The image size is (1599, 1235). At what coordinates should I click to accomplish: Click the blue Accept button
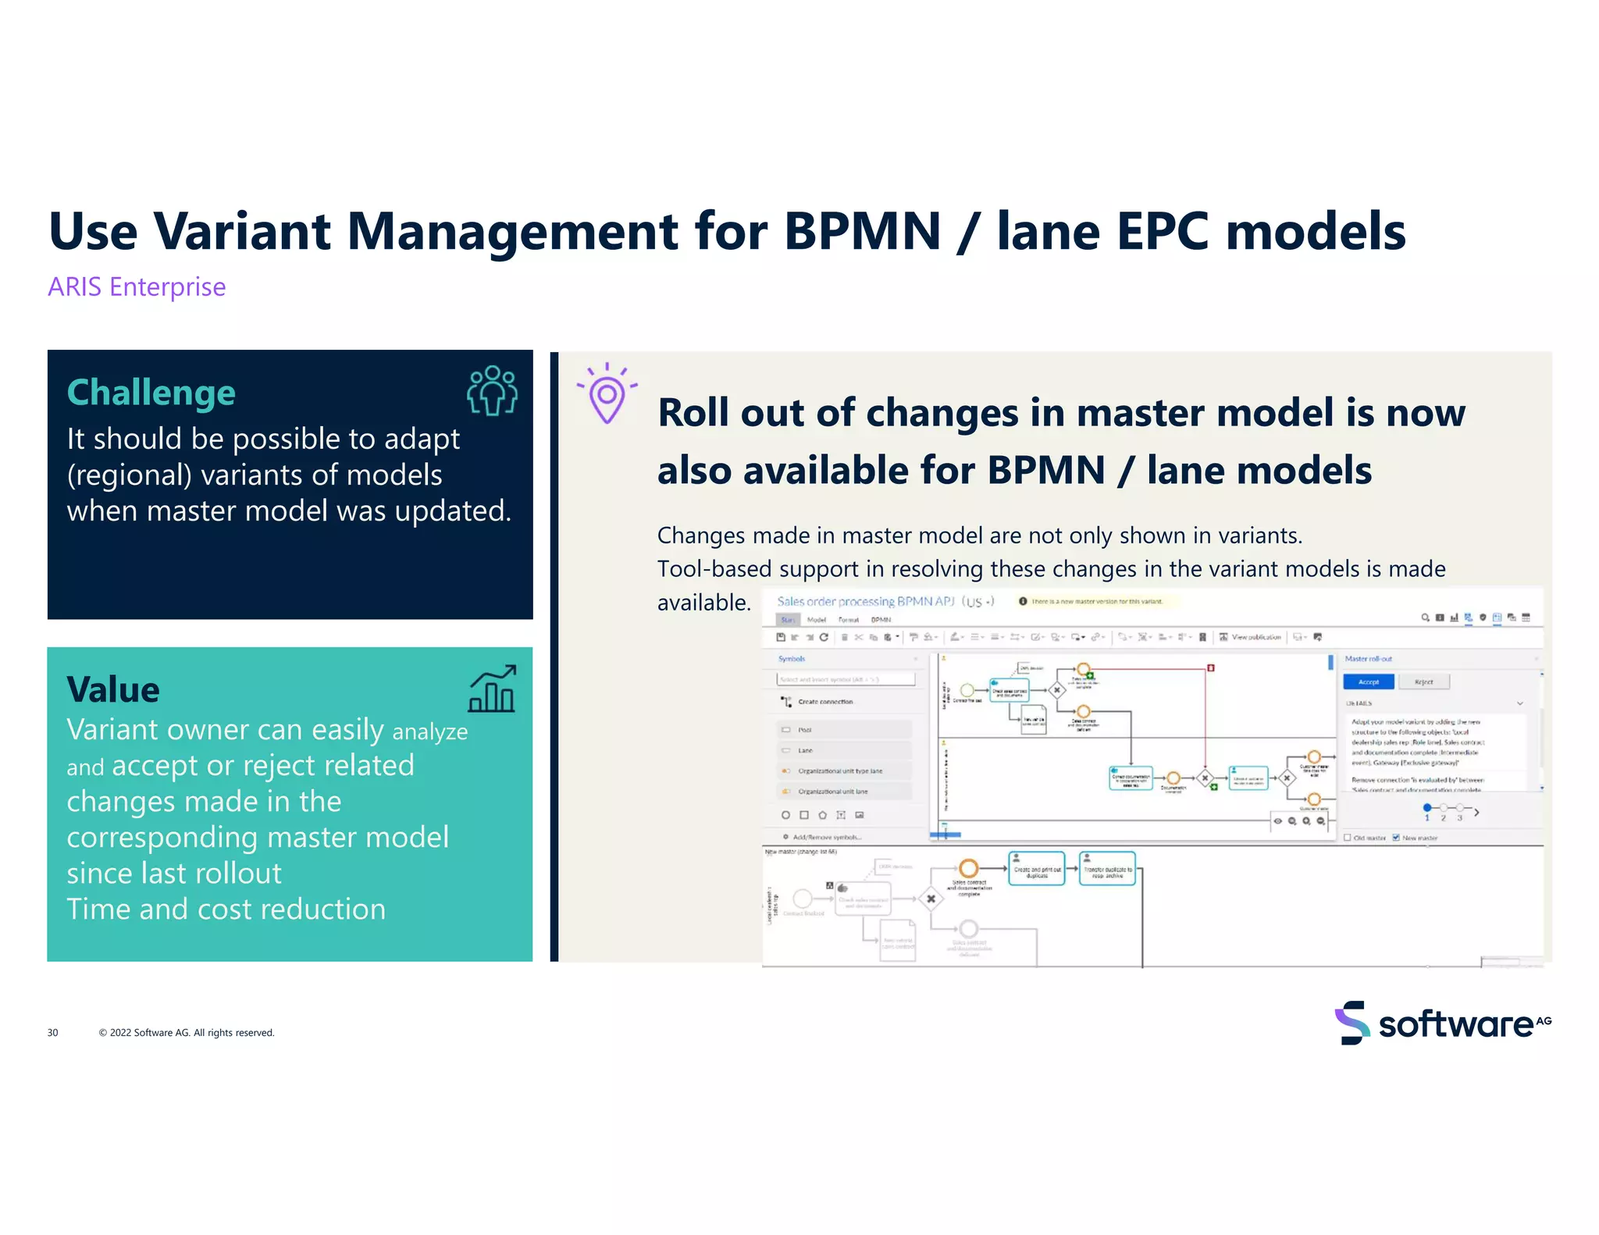point(1368,682)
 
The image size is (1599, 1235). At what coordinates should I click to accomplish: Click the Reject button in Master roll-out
point(1423,682)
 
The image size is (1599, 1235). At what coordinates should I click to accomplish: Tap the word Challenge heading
point(151,392)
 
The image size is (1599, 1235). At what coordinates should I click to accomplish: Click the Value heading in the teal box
point(113,689)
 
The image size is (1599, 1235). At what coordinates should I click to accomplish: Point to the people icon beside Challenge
point(492,390)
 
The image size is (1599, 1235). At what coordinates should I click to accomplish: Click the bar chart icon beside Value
point(493,689)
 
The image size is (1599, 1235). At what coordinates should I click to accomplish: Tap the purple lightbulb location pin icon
point(607,393)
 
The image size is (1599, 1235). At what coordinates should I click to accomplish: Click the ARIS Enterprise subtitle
point(137,287)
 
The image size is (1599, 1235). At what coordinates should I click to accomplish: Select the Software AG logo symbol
point(1352,1022)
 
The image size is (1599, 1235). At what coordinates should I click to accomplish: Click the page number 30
point(52,1032)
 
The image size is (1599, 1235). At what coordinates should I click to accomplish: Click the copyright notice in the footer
point(187,1032)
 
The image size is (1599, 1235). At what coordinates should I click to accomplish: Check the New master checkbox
point(1396,838)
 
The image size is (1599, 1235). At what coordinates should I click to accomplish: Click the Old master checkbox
point(1348,838)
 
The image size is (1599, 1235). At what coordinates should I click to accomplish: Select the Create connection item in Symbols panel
point(824,702)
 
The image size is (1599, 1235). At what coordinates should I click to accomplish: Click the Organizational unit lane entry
point(832,791)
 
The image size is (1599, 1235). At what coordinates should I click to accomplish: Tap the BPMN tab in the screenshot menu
point(881,619)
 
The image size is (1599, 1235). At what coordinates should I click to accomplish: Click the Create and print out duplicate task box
point(1037,869)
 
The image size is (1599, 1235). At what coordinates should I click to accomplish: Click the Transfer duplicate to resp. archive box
point(1107,869)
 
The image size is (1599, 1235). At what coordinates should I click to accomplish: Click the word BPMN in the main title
point(862,232)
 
